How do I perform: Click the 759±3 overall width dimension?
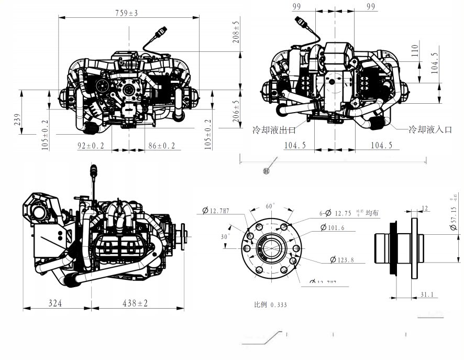(126, 13)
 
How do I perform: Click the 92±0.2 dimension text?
(91, 146)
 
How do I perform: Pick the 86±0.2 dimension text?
(162, 146)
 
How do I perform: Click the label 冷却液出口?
(274, 129)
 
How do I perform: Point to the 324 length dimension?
(57, 303)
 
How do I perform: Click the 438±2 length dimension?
(135, 303)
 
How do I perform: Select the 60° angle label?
(270, 206)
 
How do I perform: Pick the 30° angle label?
(225, 236)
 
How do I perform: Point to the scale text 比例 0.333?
(270, 304)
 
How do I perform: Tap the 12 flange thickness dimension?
(425, 208)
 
